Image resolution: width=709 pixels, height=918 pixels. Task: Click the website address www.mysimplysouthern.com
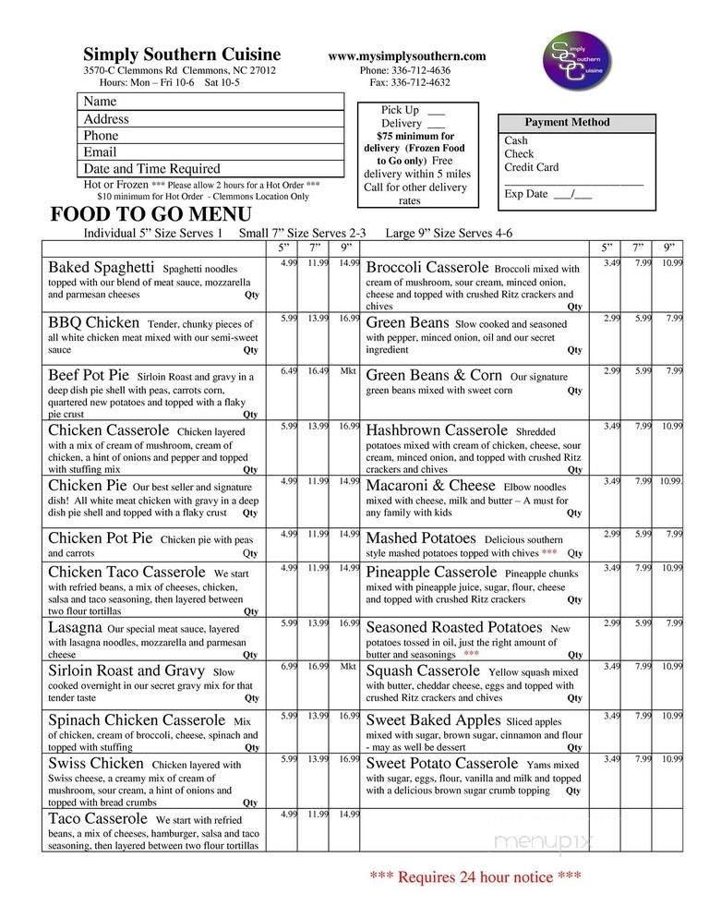(406, 56)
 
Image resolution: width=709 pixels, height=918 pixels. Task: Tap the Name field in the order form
(210, 102)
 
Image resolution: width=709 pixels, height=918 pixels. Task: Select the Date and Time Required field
(210, 169)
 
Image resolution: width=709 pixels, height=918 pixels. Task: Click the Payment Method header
(567, 123)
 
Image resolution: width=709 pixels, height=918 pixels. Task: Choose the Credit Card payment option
(531, 168)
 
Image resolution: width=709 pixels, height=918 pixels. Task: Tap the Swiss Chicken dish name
(96, 764)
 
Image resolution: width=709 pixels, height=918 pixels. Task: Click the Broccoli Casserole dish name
(427, 268)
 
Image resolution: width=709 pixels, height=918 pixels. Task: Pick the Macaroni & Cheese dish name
(432, 485)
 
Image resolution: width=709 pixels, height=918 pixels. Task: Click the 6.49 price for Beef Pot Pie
(289, 371)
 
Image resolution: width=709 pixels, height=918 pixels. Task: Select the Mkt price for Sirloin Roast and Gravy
(348, 665)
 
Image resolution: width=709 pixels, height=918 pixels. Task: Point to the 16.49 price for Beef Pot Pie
(318, 371)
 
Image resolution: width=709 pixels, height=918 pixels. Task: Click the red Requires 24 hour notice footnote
(475, 876)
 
